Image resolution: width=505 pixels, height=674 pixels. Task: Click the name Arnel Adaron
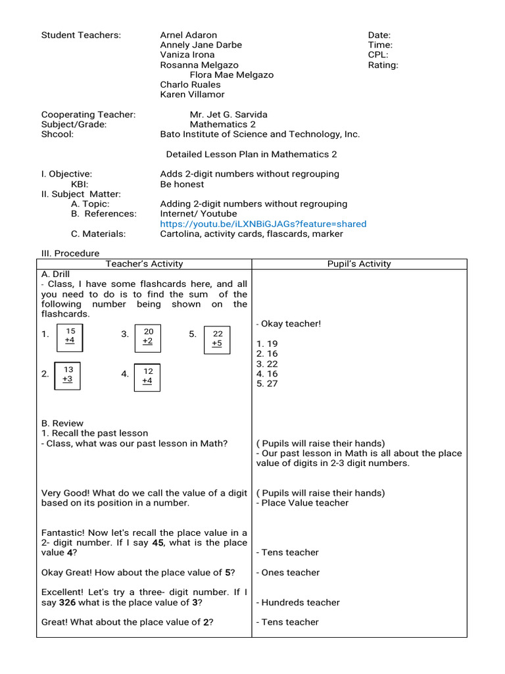188,35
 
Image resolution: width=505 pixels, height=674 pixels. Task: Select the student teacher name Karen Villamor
193,94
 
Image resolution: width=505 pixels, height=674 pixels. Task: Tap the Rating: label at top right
383,65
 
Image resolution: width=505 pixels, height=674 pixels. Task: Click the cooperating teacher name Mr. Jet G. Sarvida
228,115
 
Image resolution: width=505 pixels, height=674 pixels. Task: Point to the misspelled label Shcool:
57,134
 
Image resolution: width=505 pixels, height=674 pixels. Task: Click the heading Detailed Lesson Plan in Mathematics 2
251,154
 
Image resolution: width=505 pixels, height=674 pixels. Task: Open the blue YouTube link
263,224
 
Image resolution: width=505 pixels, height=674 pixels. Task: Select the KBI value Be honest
181,184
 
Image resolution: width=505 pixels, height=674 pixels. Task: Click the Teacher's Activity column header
145,264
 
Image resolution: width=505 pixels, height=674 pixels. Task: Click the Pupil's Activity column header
359,264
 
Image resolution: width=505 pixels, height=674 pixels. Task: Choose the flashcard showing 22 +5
217,339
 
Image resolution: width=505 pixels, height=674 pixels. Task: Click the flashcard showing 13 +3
68,375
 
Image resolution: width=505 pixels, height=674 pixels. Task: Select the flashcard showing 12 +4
147,376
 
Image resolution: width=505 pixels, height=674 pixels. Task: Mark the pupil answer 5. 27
267,384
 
